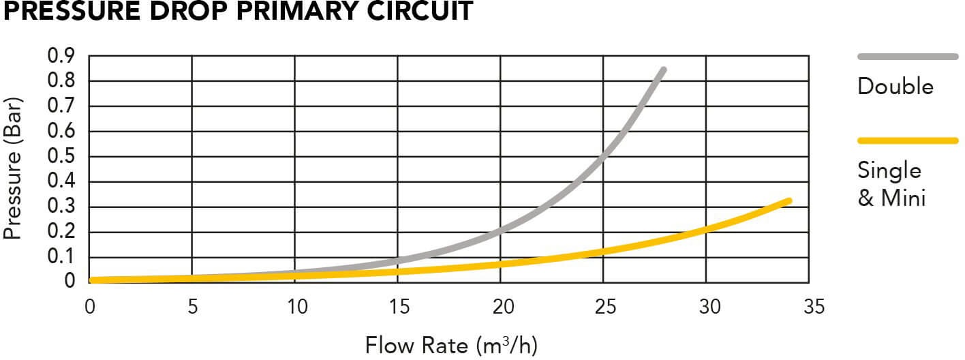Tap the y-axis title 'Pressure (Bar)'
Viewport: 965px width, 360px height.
point(14,168)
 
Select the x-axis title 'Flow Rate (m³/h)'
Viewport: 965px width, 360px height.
point(451,345)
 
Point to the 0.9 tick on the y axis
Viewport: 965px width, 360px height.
point(61,56)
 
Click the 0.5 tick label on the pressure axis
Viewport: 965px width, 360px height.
point(61,157)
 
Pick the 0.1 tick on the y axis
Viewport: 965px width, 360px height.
point(61,258)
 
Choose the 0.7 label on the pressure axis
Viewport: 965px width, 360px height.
point(61,106)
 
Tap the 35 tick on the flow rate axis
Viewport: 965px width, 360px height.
point(810,307)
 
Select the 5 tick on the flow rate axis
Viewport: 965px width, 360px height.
point(192,307)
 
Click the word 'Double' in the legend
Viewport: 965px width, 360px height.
point(895,87)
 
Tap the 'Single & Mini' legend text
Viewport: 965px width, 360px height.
point(891,184)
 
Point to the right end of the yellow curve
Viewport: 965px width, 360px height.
point(788,201)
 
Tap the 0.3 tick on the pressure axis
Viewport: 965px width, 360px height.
point(61,207)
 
